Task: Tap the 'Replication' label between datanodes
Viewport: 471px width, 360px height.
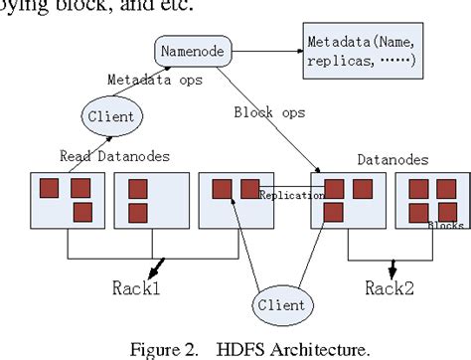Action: pyautogui.click(x=291, y=195)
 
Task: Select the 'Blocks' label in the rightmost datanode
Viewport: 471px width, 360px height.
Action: pyautogui.click(x=445, y=226)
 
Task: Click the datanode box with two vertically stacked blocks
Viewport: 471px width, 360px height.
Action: pyautogui.click(x=150, y=204)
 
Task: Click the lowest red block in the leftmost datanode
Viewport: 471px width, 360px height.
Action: pyautogui.click(x=82, y=212)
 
